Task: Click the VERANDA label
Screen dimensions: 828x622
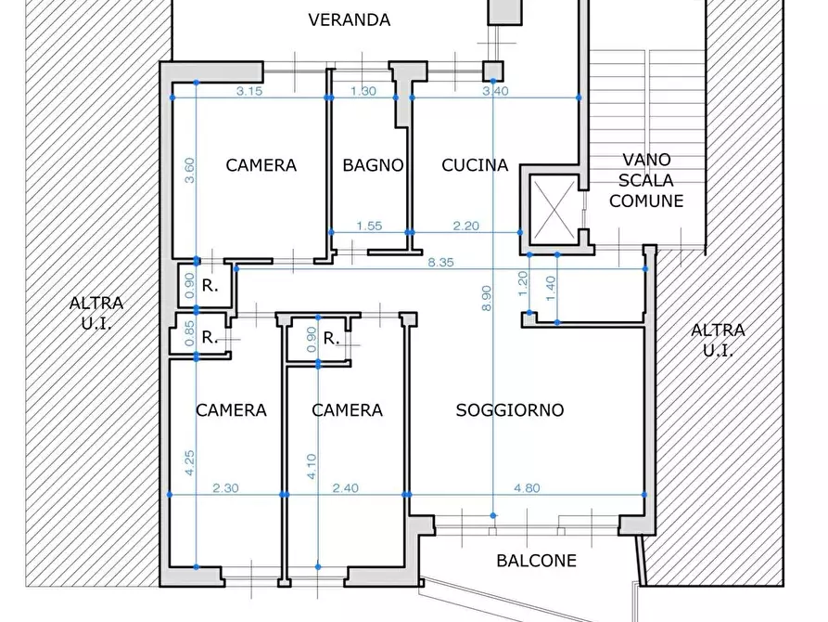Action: coord(349,20)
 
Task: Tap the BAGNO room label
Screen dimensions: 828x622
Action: coord(373,165)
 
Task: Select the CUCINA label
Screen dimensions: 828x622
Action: coord(475,165)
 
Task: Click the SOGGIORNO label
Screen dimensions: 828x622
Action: coord(510,410)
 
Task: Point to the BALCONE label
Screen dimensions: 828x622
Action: coord(537,561)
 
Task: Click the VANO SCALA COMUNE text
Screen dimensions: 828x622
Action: coord(646,180)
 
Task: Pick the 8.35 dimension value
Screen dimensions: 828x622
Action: coord(441,263)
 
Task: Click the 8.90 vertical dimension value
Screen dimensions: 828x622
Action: coord(487,298)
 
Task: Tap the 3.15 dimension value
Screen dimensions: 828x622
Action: coord(249,91)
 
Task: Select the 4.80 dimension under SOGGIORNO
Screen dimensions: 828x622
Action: coord(527,487)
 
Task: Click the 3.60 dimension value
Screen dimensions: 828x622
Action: coord(189,170)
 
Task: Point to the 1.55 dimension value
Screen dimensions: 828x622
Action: coord(369,226)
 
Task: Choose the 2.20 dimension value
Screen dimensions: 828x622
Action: coord(466,226)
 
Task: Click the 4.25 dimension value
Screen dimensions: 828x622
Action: coord(190,463)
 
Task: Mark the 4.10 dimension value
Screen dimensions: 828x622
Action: coord(312,466)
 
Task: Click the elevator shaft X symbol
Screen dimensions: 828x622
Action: coord(554,209)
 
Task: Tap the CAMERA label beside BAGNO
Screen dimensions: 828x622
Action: coord(261,165)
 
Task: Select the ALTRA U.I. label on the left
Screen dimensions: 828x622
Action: coord(96,313)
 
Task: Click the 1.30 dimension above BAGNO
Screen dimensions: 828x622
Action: coord(363,91)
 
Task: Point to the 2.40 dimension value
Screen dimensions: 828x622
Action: coord(345,487)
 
